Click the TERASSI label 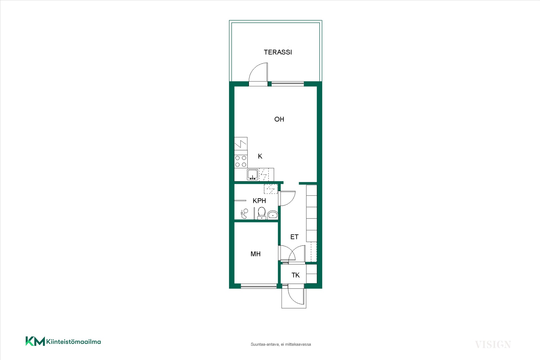click(x=278, y=52)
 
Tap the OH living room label click(x=279, y=119)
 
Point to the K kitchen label click(x=260, y=156)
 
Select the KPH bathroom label click(x=259, y=201)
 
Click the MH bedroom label click(x=256, y=254)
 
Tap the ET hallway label click(x=294, y=237)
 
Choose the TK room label click(x=296, y=275)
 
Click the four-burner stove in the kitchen click(x=241, y=161)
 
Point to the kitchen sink click(x=253, y=175)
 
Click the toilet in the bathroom click(x=262, y=213)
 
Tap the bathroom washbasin click(x=272, y=215)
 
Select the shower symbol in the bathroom click(x=244, y=214)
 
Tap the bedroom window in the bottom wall click(x=259, y=287)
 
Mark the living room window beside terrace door click(x=288, y=83)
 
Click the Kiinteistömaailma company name click(x=73, y=342)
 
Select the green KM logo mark click(x=35, y=341)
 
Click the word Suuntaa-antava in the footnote click(x=265, y=345)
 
